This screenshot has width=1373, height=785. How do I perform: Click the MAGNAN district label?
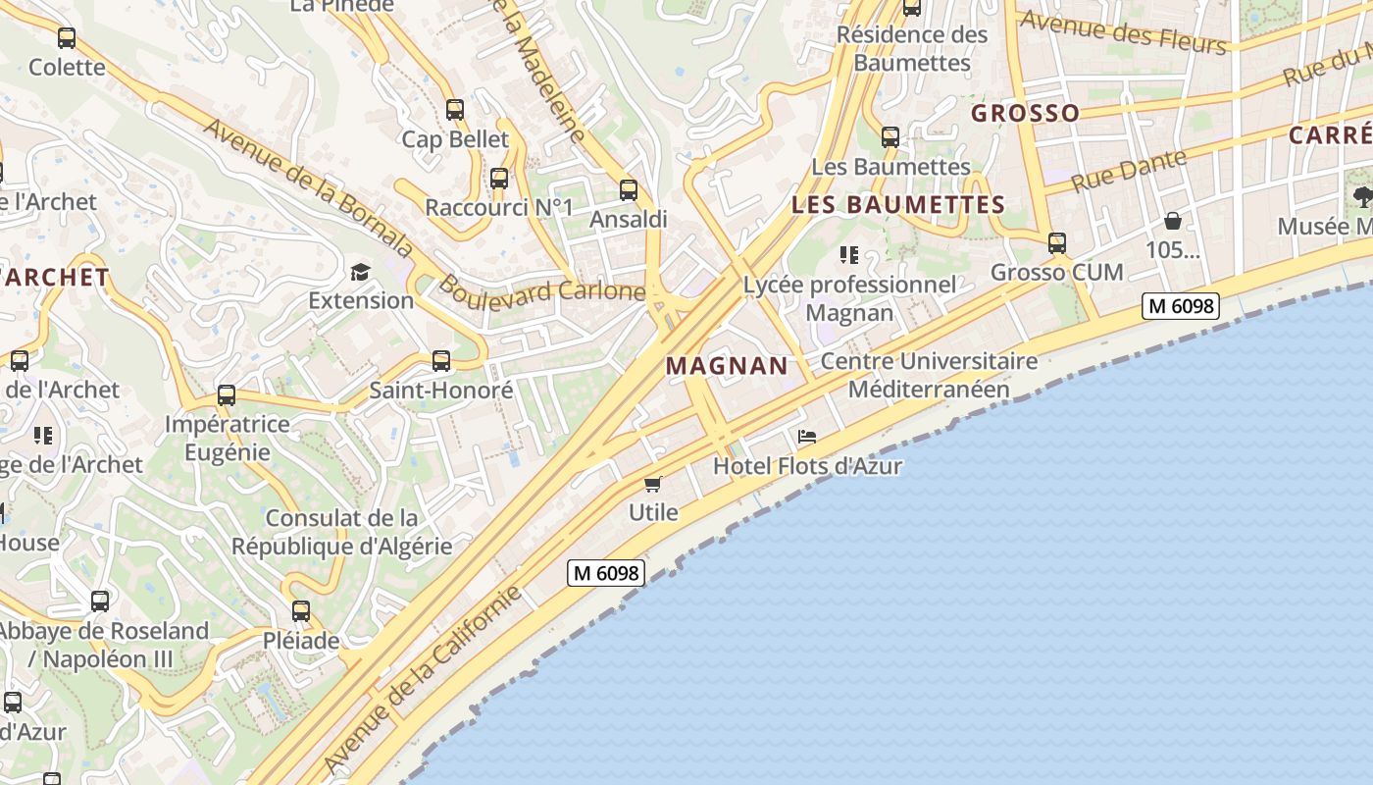[x=727, y=366]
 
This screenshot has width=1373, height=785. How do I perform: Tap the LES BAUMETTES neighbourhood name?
[x=897, y=205]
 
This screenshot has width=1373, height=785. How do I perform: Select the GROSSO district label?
[x=1025, y=114]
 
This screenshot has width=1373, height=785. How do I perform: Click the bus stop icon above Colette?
[x=67, y=39]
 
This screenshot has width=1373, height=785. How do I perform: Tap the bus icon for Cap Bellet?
[x=455, y=110]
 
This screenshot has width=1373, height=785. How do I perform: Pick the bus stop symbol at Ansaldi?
[x=629, y=190]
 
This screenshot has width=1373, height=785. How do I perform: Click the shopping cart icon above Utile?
[x=653, y=484]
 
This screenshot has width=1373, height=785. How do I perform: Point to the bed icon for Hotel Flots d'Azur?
[x=807, y=437]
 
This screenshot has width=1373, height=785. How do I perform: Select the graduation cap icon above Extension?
[x=361, y=272]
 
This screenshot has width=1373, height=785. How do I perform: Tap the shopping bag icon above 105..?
[x=1172, y=221]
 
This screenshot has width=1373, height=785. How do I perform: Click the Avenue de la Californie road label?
[x=423, y=679]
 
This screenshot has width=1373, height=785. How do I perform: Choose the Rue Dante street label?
[x=1129, y=171]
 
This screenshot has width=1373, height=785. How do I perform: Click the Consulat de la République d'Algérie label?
[x=341, y=532]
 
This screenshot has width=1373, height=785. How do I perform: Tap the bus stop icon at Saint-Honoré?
[x=441, y=361]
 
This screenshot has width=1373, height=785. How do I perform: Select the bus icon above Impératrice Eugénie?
[x=227, y=395]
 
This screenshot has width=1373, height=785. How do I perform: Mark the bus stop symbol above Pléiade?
[x=301, y=611]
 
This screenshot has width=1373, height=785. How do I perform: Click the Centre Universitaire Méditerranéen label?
[x=929, y=375]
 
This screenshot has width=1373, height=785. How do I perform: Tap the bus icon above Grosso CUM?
[x=1056, y=242]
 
